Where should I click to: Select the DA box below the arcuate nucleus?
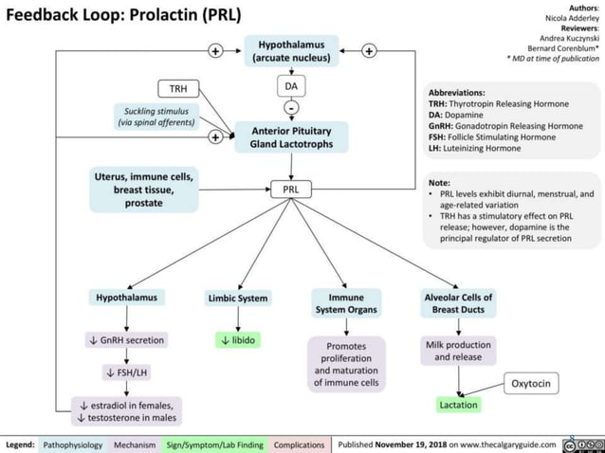pyautogui.click(x=291, y=87)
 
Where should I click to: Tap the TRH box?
pyautogui.click(x=177, y=89)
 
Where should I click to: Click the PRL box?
pyautogui.click(x=291, y=190)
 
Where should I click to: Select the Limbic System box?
pyautogui.click(x=238, y=299)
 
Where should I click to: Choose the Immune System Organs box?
pyautogui.click(x=345, y=303)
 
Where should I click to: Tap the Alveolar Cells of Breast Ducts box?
pyautogui.click(x=458, y=303)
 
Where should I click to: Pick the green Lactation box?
pyautogui.click(x=458, y=405)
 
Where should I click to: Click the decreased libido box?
pyautogui.click(x=238, y=339)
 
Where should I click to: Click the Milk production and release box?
pyautogui.click(x=458, y=351)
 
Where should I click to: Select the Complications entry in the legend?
pyautogui.click(x=298, y=444)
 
